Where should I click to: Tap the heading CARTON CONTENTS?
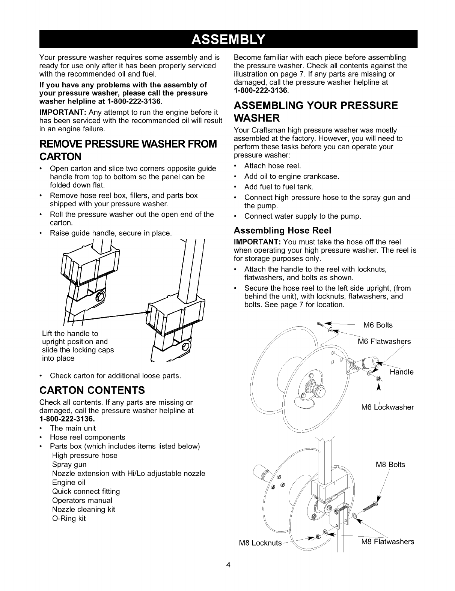coord(92,390)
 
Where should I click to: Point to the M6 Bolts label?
coord(378,325)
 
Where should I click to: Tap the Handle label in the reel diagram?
coord(401,372)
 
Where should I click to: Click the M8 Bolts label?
coord(390,465)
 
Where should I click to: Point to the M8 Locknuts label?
coord(260,543)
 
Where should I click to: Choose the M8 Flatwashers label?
coord(388,541)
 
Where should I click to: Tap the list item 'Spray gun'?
coord(69,465)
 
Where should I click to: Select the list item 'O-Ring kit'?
coord(69,519)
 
